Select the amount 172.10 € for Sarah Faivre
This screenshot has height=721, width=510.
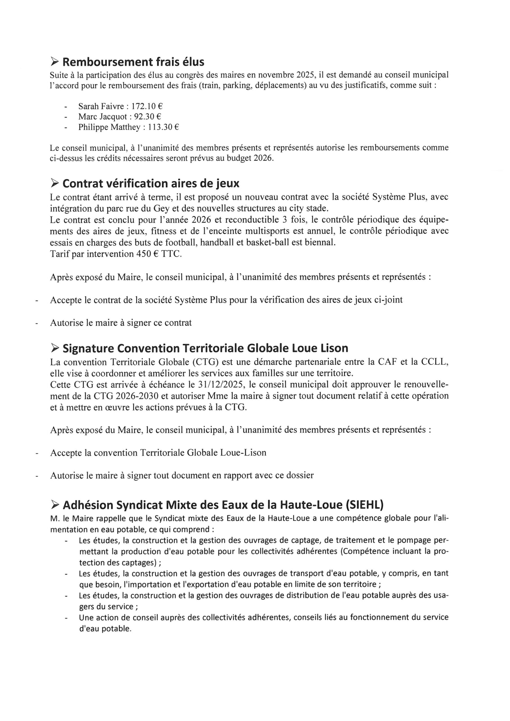[x=147, y=106]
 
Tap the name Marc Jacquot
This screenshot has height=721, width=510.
[x=103, y=117]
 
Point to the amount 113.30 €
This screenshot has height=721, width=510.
[x=164, y=127]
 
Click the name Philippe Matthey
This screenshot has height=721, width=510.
[x=109, y=127]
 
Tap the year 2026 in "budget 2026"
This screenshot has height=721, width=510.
[x=262, y=158]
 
